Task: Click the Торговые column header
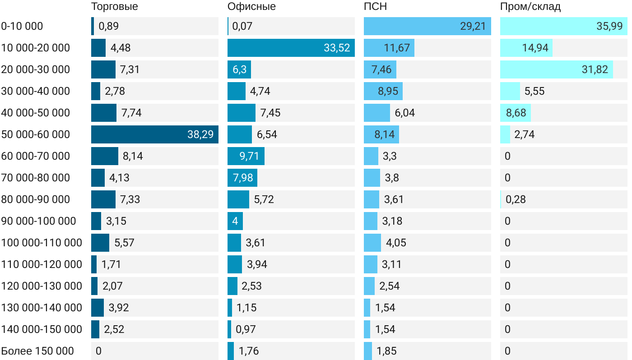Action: coord(114,7)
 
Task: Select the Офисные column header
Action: coord(251,7)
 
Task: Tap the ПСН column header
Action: coord(375,7)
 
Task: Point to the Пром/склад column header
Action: coord(530,7)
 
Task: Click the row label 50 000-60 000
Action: coord(36,134)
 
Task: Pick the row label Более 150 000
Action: coord(37,351)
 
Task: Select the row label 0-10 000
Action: coord(22,26)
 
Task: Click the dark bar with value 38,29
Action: coord(154,134)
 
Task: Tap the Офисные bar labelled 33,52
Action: coord(291,48)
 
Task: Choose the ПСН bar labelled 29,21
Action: coord(427,26)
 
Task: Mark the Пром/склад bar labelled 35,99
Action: coord(563,26)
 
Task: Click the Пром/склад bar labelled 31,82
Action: coord(556,69)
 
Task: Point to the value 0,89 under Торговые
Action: coord(108,26)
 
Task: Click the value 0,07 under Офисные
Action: coord(242,26)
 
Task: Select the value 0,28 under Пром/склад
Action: coord(516,199)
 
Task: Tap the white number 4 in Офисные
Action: coord(235,221)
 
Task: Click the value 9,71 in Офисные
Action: coord(249,156)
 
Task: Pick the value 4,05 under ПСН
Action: coord(396,243)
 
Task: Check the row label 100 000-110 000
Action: coord(42,243)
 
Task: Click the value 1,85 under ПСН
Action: coord(386,351)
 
